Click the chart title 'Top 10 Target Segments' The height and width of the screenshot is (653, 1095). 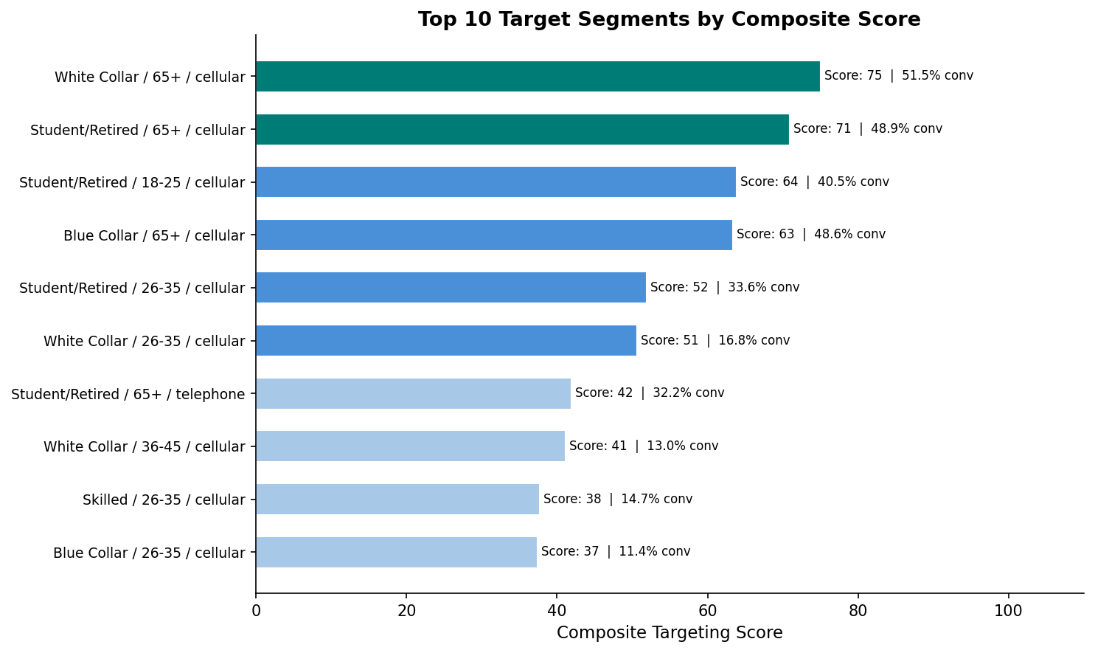669,20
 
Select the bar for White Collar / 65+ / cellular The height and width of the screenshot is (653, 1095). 538,77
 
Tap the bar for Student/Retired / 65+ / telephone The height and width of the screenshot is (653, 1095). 413,393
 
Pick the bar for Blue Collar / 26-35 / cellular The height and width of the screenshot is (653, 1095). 396,552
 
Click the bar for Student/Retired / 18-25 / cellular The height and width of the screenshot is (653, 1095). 496,182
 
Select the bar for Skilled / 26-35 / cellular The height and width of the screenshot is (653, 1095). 397,499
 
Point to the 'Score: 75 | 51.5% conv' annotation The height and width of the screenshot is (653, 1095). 898,76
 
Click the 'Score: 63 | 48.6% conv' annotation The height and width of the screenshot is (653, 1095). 810,235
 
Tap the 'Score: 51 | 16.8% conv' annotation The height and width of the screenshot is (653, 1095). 715,340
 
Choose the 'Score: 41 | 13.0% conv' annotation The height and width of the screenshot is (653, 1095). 643,446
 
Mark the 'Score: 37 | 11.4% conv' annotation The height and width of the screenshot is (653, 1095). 615,552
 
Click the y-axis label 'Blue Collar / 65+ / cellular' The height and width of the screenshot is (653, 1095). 154,236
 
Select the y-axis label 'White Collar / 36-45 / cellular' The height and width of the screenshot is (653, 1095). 144,447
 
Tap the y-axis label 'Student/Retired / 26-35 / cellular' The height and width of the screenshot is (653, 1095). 132,289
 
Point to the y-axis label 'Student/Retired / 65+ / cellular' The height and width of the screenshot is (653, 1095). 137,131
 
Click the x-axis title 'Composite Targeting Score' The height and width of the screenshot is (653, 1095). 669,633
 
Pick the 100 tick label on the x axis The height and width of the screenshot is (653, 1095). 1008,611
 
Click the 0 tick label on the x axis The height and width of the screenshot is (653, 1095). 256,611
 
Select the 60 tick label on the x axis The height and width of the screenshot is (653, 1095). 707,611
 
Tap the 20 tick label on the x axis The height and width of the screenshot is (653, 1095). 406,611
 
